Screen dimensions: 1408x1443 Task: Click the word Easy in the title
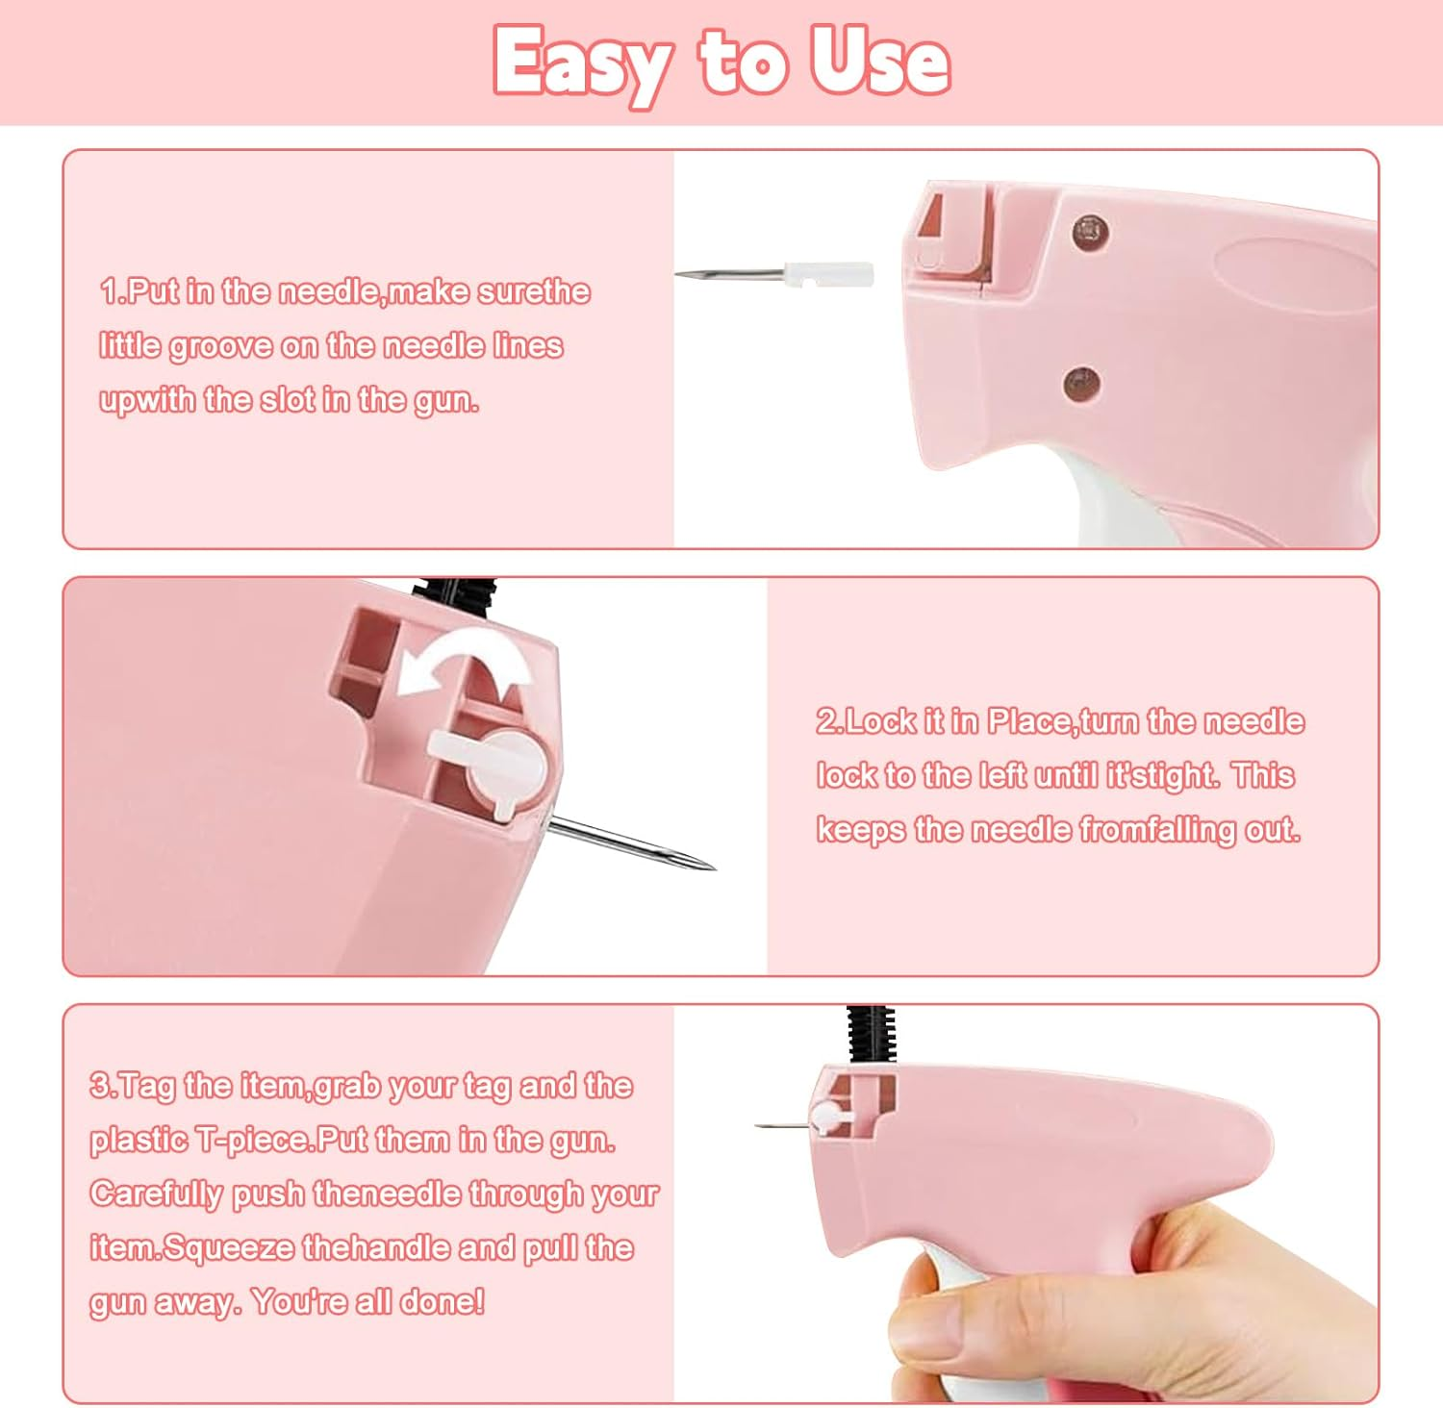tap(582, 63)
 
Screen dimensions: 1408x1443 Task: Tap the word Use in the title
tap(878, 62)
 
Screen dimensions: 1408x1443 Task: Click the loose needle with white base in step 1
tap(775, 275)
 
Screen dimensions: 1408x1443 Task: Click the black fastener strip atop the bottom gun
tap(872, 1034)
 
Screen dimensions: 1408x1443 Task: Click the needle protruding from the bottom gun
tap(779, 1124)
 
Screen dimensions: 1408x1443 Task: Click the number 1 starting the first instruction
tap(109, 291)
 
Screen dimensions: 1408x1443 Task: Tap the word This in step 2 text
tap(1262, 775)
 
